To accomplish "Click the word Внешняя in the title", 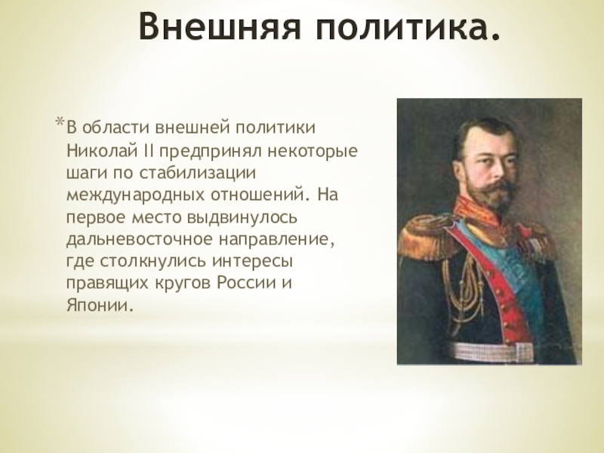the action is (x=220, y=26).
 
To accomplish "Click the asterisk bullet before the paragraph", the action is (x=60, y=122).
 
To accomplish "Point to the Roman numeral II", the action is (x=148, y=150).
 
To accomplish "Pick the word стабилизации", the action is (x=198, y=173).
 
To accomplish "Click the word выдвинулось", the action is (x=242, y=217).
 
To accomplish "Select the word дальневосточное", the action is (x=140, y=239).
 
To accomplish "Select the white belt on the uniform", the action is (x=501, y=351).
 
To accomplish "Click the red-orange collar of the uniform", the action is (x=478, y=214).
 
